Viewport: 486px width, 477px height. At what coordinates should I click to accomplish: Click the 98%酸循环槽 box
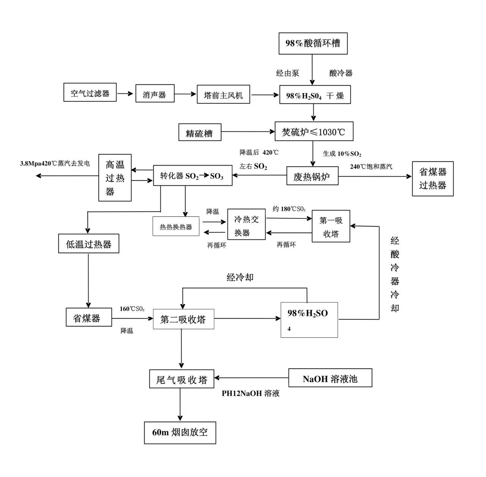pyautogui.click(x=313, y=43)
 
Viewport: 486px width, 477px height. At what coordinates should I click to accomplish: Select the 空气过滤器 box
pyautogui.click(x=90, y=93)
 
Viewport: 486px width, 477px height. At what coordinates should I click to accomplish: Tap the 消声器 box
pyautogui.click(x=155, y=94)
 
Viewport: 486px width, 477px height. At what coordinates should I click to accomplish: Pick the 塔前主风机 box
pyautogui.click(x=223, y=95)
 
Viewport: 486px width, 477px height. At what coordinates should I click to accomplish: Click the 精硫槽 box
pyautogui.click(x=200, y=133)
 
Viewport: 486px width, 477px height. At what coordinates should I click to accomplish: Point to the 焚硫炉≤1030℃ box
pyautogui.click(x=314, y=132)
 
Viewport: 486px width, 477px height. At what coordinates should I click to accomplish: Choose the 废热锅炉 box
pyautogui.click(x=312, y=176)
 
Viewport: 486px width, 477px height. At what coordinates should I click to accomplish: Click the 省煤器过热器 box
pyautogui.click(x=432, y=178)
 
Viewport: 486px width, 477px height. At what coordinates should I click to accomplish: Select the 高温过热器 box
pyautogui.click(x=115, y=177)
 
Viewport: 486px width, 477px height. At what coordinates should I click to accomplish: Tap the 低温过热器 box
pyautogui.click(x=88, y=244)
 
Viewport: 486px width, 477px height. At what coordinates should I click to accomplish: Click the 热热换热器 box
pyautogui.click(x=176, y=227)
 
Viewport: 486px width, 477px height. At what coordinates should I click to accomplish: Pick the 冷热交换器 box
pyautogui.click(x=246, y=226)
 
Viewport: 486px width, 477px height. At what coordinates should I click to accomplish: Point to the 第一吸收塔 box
pyautogui.click(x=331, y=226)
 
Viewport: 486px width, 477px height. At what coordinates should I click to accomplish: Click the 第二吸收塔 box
pyautogui.click(x=183, y=319)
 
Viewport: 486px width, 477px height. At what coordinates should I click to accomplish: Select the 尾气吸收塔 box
pyautogui.click(x=182, y=379)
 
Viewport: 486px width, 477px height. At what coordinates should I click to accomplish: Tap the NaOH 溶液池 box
pyautogui.click(x=330, y=378)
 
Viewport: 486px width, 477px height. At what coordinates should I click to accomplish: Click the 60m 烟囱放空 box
pyautogui.click(x=180, y=432)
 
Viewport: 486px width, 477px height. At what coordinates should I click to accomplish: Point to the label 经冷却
pyautogui.click(x=240, y=278)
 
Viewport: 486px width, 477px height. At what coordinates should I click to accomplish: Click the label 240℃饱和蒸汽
pyautogui.click(x=371, y=166)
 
